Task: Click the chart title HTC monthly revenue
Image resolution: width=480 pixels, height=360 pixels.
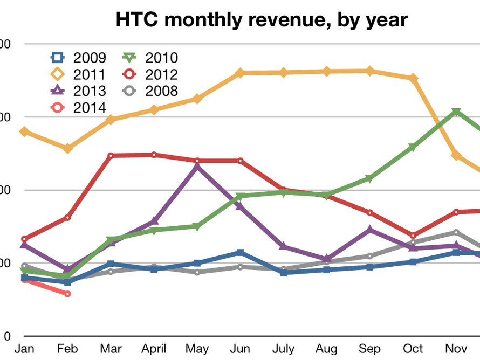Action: [x=262, y=20]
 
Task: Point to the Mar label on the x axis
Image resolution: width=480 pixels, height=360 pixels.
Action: [x=110, y=349]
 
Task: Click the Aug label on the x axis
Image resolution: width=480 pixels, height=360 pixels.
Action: [x=326, y=349]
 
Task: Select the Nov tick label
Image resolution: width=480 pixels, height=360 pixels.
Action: [x=456, y=349]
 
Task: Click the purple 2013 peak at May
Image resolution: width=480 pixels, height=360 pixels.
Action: [x=197, y=167]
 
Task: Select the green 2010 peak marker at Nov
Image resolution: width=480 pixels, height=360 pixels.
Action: [x=456, y=112]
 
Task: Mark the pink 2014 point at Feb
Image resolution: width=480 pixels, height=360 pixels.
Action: [x=67, y=294]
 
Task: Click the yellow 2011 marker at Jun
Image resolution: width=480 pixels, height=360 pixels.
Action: [x=240, y=73]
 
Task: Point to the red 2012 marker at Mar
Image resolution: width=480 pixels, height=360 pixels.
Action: [x=111, y=156]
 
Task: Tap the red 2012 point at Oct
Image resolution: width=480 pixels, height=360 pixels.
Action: [x=413, y=236]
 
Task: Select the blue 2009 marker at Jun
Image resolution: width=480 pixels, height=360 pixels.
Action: [x=240, y=252]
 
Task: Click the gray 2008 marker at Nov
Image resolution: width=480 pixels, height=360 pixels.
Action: [x=456, y=232]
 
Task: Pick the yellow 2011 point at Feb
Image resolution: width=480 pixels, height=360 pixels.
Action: [x=67, y=148]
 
